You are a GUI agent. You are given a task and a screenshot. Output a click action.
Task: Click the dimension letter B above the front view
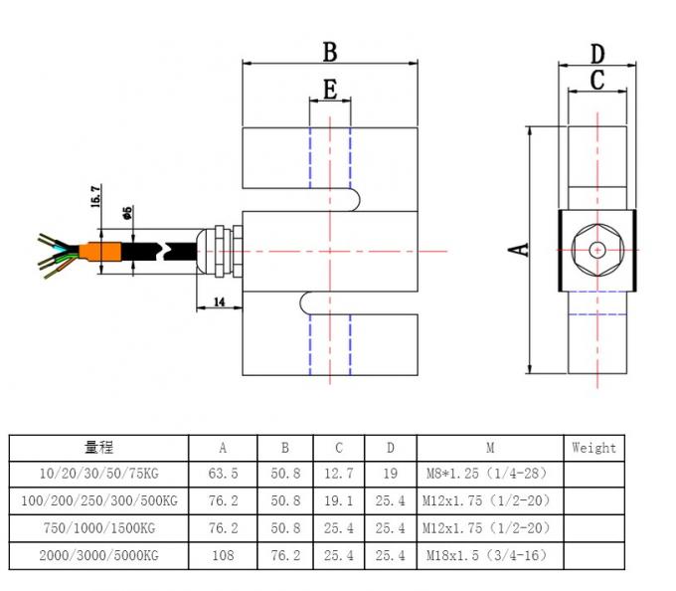click(329, 52)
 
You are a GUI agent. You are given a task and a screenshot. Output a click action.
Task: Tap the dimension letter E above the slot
click(329, 89)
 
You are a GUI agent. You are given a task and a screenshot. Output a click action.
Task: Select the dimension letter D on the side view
click(596, 54)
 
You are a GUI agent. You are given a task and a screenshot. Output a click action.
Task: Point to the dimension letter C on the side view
click(596, 81)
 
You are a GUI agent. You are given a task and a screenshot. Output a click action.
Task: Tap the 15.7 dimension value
click(96, 196)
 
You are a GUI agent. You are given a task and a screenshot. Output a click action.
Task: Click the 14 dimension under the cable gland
click(220, 299)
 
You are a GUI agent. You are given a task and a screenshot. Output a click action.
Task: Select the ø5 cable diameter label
click(127, 212)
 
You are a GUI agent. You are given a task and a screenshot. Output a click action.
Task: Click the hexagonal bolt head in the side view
click(596, 250)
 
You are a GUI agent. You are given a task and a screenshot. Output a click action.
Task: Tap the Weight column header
click(593, 448)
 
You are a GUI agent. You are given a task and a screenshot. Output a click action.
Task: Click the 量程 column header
click(98, 448)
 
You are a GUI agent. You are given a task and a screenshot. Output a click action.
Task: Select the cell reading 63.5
click(222, 474)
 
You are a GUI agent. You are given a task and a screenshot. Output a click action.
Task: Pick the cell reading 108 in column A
click(222, 553)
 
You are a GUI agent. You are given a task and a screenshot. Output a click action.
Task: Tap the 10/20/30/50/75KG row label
click(98, 474)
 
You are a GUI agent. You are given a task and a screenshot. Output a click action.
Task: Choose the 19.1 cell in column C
click(338, 500)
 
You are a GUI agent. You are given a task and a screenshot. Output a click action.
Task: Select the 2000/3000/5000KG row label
click(98, 553)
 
